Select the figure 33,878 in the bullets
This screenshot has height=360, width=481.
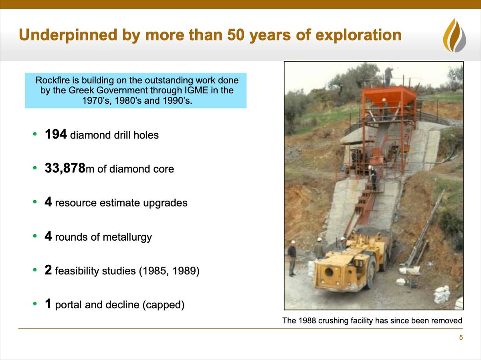coord(65,169)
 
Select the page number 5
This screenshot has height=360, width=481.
coord(461,338)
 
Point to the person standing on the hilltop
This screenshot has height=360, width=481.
coord(388,76)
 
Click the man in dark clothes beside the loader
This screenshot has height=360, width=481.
coord(292,258)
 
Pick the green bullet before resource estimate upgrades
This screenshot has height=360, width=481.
coord(35,203)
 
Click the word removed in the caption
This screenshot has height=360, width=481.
coord(448,320)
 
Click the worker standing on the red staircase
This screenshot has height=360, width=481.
coord(373,177)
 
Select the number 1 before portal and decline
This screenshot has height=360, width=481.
coord(48,305)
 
